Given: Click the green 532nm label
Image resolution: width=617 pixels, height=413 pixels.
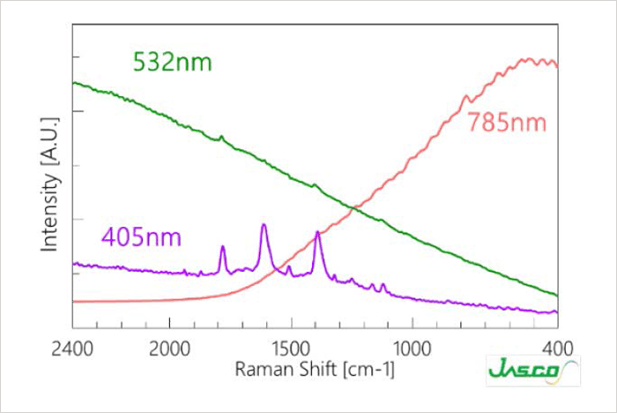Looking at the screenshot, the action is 173,63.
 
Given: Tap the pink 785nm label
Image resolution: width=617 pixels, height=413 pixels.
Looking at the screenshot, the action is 507,122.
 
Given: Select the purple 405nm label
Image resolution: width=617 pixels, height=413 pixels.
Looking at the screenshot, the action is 141,237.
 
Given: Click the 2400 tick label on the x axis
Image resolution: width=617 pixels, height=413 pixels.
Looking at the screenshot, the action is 72,349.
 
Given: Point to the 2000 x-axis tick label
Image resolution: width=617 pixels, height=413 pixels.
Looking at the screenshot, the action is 169,349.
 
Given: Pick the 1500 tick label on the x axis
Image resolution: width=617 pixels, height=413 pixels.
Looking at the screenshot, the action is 291,349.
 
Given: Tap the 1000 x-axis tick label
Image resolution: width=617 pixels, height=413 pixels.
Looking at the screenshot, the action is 413,349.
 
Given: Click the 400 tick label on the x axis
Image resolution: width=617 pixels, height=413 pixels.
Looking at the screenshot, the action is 558,349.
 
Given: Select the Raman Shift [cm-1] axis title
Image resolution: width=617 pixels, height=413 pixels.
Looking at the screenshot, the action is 315,370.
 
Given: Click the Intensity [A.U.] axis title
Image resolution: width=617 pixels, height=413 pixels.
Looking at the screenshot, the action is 50,184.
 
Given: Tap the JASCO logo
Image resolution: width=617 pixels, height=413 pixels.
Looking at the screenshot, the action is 533,371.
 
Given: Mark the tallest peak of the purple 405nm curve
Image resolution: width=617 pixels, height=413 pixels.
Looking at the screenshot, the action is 264,225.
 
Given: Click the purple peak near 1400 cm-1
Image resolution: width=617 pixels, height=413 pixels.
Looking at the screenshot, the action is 317,232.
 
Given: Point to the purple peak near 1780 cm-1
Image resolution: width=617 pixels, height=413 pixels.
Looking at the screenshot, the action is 223,247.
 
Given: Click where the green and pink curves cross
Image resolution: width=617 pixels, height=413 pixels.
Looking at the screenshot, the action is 354,207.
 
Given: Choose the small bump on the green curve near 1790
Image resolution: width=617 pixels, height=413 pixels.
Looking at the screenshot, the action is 221,137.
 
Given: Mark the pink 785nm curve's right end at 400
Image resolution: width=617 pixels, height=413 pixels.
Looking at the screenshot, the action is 557,66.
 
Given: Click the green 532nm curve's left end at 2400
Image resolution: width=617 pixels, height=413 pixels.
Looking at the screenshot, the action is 73,83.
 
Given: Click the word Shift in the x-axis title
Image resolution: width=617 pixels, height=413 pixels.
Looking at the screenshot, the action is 318,369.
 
